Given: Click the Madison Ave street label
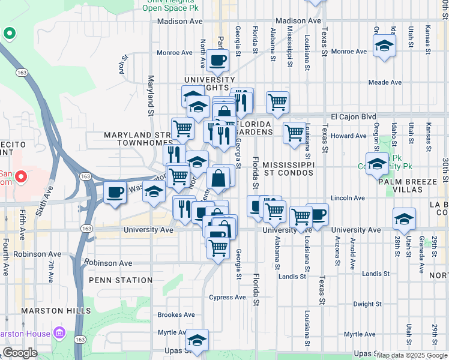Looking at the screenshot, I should pyautogui.click(x=179, y=21).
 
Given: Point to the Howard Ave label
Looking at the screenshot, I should pyautogui.click(x=348, y=136).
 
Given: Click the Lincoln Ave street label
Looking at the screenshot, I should pyautogui.click(x=348, y=198).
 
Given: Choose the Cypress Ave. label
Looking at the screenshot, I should pyautogui.click(x=228, y=298).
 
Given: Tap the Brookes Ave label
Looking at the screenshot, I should pyautogui.click(x=176, y=314).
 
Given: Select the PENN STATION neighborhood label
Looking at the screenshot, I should pyautogui.click(x=121, y=280).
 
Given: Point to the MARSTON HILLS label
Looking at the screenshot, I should pyautogui.click(x=56, y=311).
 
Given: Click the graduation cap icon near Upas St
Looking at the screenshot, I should pyautogui.click(x=197, y=340).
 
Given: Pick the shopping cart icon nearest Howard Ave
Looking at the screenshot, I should pyautogui.click(x=294, y=132).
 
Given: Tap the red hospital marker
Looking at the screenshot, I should pyautogui.click(x=20, y=178).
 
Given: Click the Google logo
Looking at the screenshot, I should pyautogui.click(x=20, y=353).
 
